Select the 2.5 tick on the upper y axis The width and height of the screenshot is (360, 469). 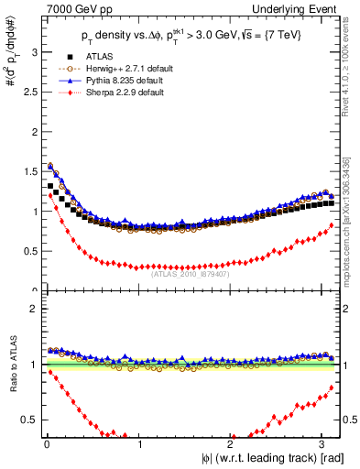tap(29, 92)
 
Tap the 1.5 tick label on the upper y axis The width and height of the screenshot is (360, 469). tap(29, 171)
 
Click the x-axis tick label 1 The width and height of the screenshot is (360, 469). tap(138, 444)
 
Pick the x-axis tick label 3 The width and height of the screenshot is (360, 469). tap(322, 444)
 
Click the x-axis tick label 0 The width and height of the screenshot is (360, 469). tap(46, 444)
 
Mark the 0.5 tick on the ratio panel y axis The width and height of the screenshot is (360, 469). tap(29, 420)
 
